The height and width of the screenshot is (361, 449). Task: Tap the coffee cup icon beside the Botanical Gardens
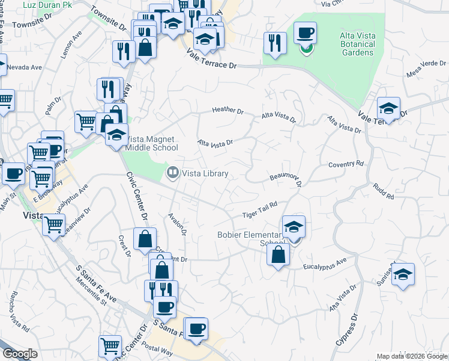(x=305, y=32)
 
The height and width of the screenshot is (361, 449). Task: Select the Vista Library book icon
(x=172, y=173)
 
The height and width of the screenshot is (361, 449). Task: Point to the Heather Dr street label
(x=229, y=111)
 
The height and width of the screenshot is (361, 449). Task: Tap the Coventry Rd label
(x=346, y=164)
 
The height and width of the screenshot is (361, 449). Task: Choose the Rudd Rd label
(x=382, y=192)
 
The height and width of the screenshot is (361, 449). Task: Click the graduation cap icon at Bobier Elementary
(x=293, y=227)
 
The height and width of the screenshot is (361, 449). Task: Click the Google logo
(x=20, y=354)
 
